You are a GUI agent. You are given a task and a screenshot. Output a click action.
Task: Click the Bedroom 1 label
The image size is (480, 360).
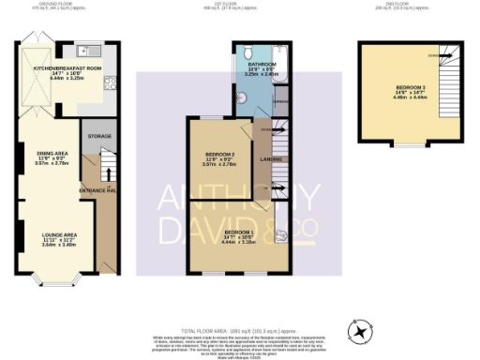coord(239,231)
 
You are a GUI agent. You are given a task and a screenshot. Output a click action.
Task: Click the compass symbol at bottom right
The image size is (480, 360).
coord(358,331)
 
